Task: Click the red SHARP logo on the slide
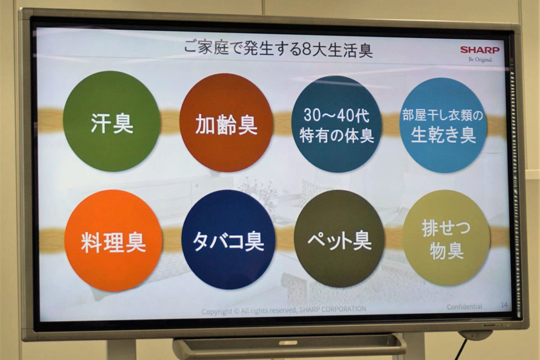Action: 480,50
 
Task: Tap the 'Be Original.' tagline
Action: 481,59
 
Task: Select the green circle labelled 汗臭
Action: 112,121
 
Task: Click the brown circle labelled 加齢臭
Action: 226,123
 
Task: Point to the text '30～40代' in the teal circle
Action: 336,116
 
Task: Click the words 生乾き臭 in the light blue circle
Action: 444,135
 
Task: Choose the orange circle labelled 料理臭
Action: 113,240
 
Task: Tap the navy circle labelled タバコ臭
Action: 228,239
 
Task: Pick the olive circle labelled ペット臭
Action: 339,238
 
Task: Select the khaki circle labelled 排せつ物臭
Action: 446,238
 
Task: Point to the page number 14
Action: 504,305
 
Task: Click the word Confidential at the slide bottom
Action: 464,307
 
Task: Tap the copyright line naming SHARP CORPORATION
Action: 284,310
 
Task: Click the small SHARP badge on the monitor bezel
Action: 488,325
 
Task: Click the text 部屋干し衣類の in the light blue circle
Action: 443,115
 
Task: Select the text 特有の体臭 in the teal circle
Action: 337,136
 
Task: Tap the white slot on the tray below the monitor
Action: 288,342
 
